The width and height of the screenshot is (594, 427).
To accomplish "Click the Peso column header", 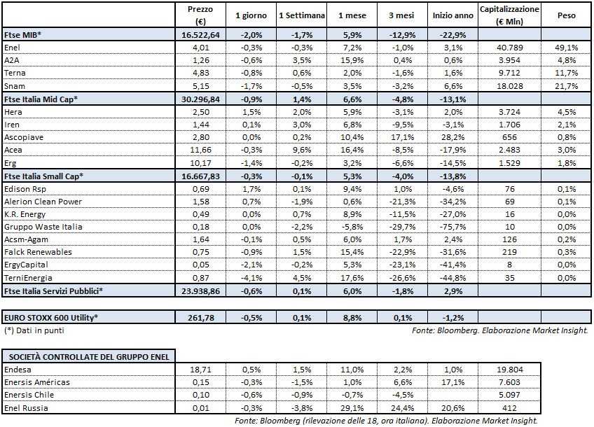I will pos(566,15).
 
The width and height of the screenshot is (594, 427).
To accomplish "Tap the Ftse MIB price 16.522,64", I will pos(201,34).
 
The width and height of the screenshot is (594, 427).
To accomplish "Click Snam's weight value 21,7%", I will pos(566,85).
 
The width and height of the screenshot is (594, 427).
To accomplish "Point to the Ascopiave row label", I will pos(24,137).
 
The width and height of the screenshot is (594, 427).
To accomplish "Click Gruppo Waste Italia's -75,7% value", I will pos(453,227).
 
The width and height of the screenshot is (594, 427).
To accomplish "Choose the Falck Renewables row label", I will pos(34,252).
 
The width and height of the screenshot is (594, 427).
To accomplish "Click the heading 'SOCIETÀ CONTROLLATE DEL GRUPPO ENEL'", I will pos(88,356).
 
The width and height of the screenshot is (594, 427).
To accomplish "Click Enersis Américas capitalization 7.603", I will pos(509,381).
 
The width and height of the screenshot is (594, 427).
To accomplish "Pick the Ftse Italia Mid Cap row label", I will pos(41,99).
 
